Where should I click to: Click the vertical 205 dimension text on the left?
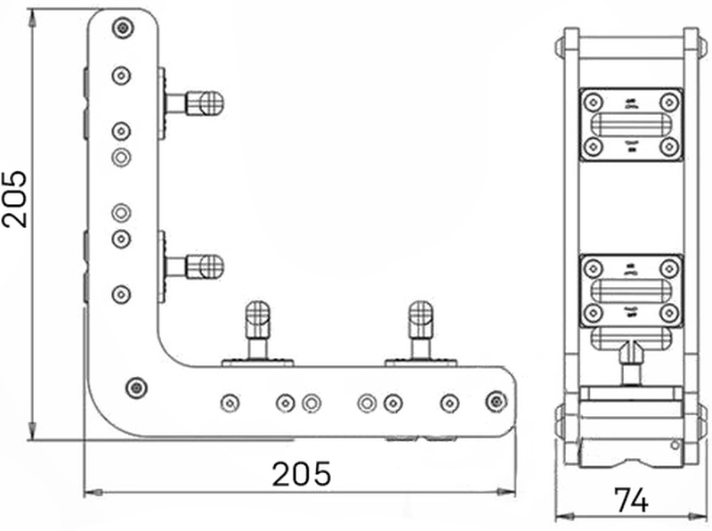[15, 198]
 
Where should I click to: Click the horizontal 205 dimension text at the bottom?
[302, 473]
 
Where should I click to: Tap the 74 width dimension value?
[631, 500]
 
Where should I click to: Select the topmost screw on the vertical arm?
[122, 29]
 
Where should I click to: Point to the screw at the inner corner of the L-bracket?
[135, 387]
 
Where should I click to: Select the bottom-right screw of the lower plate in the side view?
[669, 313]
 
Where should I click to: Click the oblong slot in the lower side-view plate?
[631, 290]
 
